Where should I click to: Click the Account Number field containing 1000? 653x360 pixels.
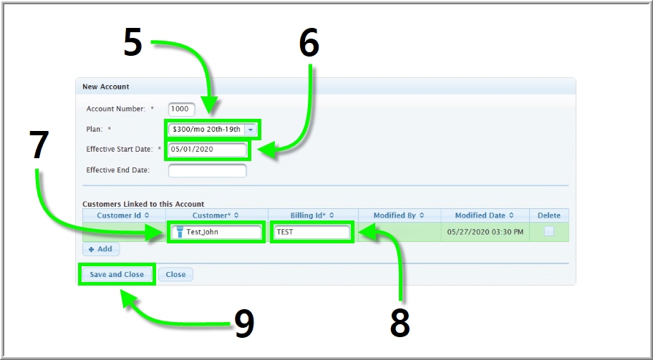click(182, 110)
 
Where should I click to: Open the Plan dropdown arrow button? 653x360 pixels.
click(251, 130)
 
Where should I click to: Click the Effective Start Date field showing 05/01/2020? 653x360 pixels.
click(208, 150)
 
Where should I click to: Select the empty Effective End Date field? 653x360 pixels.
click(208, 170)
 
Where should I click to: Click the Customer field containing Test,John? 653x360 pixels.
click(216, 232)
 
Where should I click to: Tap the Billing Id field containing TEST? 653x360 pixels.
click(311, 232)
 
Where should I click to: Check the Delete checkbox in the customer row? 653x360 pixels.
click(549, 232)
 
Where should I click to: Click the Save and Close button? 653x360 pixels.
click(117, 274)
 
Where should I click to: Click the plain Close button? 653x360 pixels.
click(175, 274)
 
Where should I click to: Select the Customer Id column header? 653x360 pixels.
click(124, 215)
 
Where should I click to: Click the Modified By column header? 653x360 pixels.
click(399, 215)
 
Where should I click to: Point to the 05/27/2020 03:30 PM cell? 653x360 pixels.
click(485, 232)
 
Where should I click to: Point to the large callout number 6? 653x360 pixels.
click(309, 44)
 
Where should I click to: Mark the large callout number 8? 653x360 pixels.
click(400, 323)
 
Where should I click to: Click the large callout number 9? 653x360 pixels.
click(244, 324)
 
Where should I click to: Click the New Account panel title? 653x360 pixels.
click(106, 87)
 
